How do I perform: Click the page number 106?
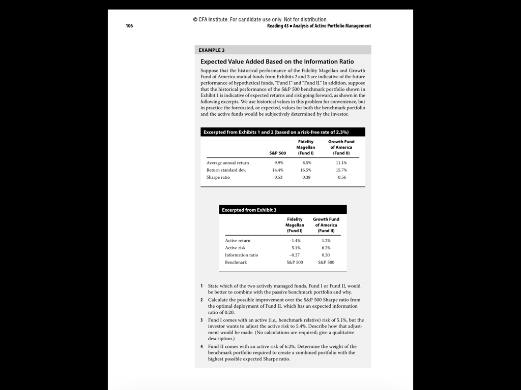tap(129, 26)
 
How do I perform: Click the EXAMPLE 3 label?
tap(212, 50)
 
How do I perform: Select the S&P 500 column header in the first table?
tap(277, 153)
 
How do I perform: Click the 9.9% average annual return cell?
tap(278, 163)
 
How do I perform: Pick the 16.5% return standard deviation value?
tap(305, 170)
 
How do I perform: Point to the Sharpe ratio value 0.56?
tap(341, 177)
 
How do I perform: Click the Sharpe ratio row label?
tap(218, 177)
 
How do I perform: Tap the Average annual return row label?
tap(227, 163)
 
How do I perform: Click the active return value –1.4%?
tap(295, 241)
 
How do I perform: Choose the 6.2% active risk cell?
tap(326, 248)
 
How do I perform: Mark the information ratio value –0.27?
tap(295, 255)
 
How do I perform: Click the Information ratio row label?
tap(241, 255)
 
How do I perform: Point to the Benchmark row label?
tap(236, 263)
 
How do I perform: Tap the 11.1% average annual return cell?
tap(341, 163)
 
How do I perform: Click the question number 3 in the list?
tap(201, 320)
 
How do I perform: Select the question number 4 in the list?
tap(201, 346)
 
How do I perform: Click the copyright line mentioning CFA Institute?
tap(260, 20)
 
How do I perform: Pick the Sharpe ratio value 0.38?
tap(305, 177)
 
